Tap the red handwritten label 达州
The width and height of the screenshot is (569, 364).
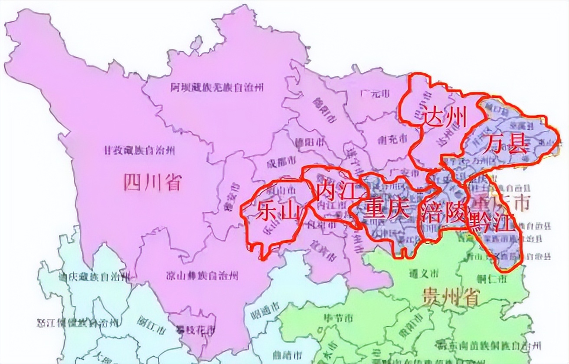click(445, 116)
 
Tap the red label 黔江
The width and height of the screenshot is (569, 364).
click(492, 224)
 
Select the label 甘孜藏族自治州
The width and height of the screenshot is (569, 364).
click(139, 150)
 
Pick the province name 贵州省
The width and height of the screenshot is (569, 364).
click(450, 298)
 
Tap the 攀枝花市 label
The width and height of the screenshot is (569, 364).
click(195, 331)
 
